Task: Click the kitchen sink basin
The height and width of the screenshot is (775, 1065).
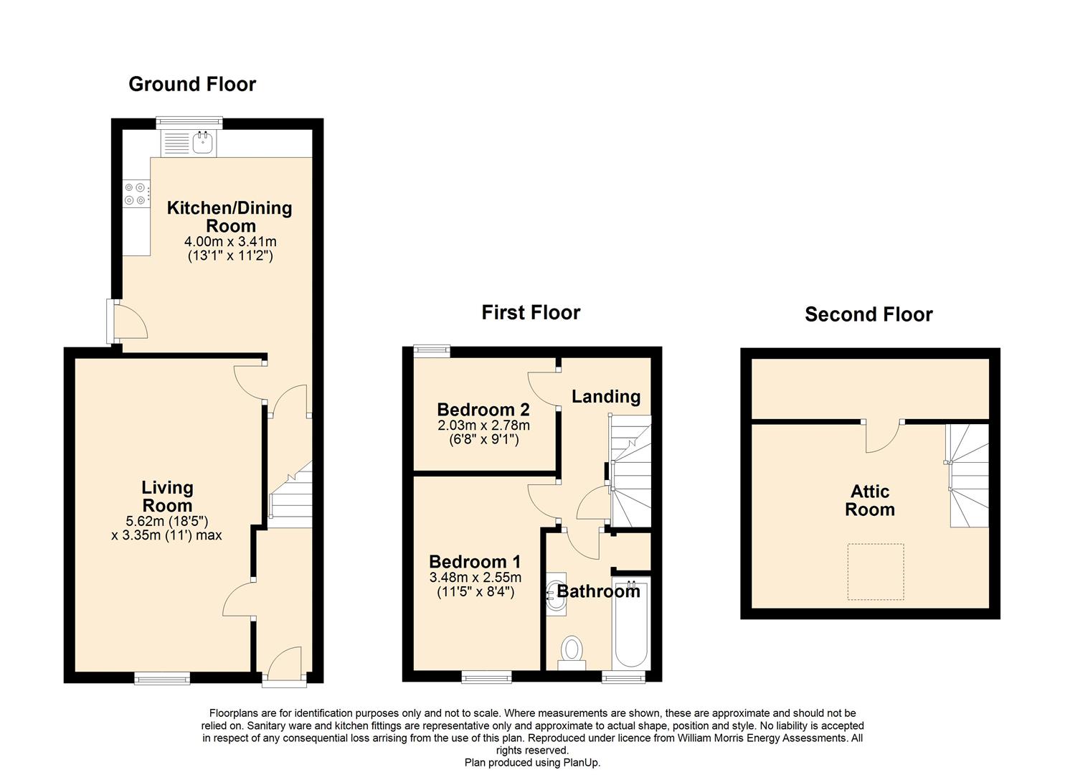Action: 203,142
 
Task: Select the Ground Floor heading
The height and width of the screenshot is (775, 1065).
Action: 192,84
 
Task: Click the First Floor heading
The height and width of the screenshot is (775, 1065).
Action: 531,313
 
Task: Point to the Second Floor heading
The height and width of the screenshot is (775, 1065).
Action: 868,314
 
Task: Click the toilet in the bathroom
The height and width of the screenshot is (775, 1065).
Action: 572,654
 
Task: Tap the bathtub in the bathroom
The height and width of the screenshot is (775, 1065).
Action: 631,624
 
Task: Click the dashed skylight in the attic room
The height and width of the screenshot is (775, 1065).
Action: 875,572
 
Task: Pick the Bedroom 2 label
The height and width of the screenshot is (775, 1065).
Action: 483,410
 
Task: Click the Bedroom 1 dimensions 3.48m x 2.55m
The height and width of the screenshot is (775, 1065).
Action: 475,578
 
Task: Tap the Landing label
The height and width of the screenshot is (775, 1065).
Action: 606,396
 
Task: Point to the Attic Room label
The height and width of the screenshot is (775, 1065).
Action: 870,500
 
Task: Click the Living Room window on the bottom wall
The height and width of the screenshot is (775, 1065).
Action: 162,678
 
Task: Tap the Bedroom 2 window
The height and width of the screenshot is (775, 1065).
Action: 432,351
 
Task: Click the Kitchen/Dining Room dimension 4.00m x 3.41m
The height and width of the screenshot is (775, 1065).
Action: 230,242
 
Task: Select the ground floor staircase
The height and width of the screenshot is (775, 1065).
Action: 290,494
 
